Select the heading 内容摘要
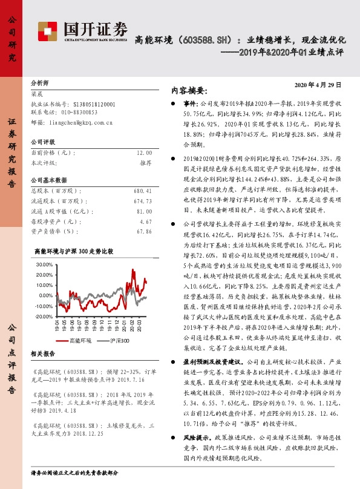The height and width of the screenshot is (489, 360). click(x=189, y=90)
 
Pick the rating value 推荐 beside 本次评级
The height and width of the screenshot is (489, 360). click(x=145, y=163)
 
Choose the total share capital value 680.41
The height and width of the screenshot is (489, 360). click(x=142, y=191)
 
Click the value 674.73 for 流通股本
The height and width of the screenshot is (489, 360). click(x=142, y=201)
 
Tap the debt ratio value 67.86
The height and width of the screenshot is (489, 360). click(x=144, y=231)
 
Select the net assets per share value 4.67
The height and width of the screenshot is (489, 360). click(x=145, y=221)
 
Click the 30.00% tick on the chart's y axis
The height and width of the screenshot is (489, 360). click(x=45, y=265)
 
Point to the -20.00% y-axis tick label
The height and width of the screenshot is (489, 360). click(x=44, y=316)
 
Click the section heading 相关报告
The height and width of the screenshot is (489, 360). click(x=42, y=353)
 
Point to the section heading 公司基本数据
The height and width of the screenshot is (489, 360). click(x=48, y=180)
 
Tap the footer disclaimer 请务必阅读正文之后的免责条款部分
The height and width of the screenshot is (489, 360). click(x=74, y=472)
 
